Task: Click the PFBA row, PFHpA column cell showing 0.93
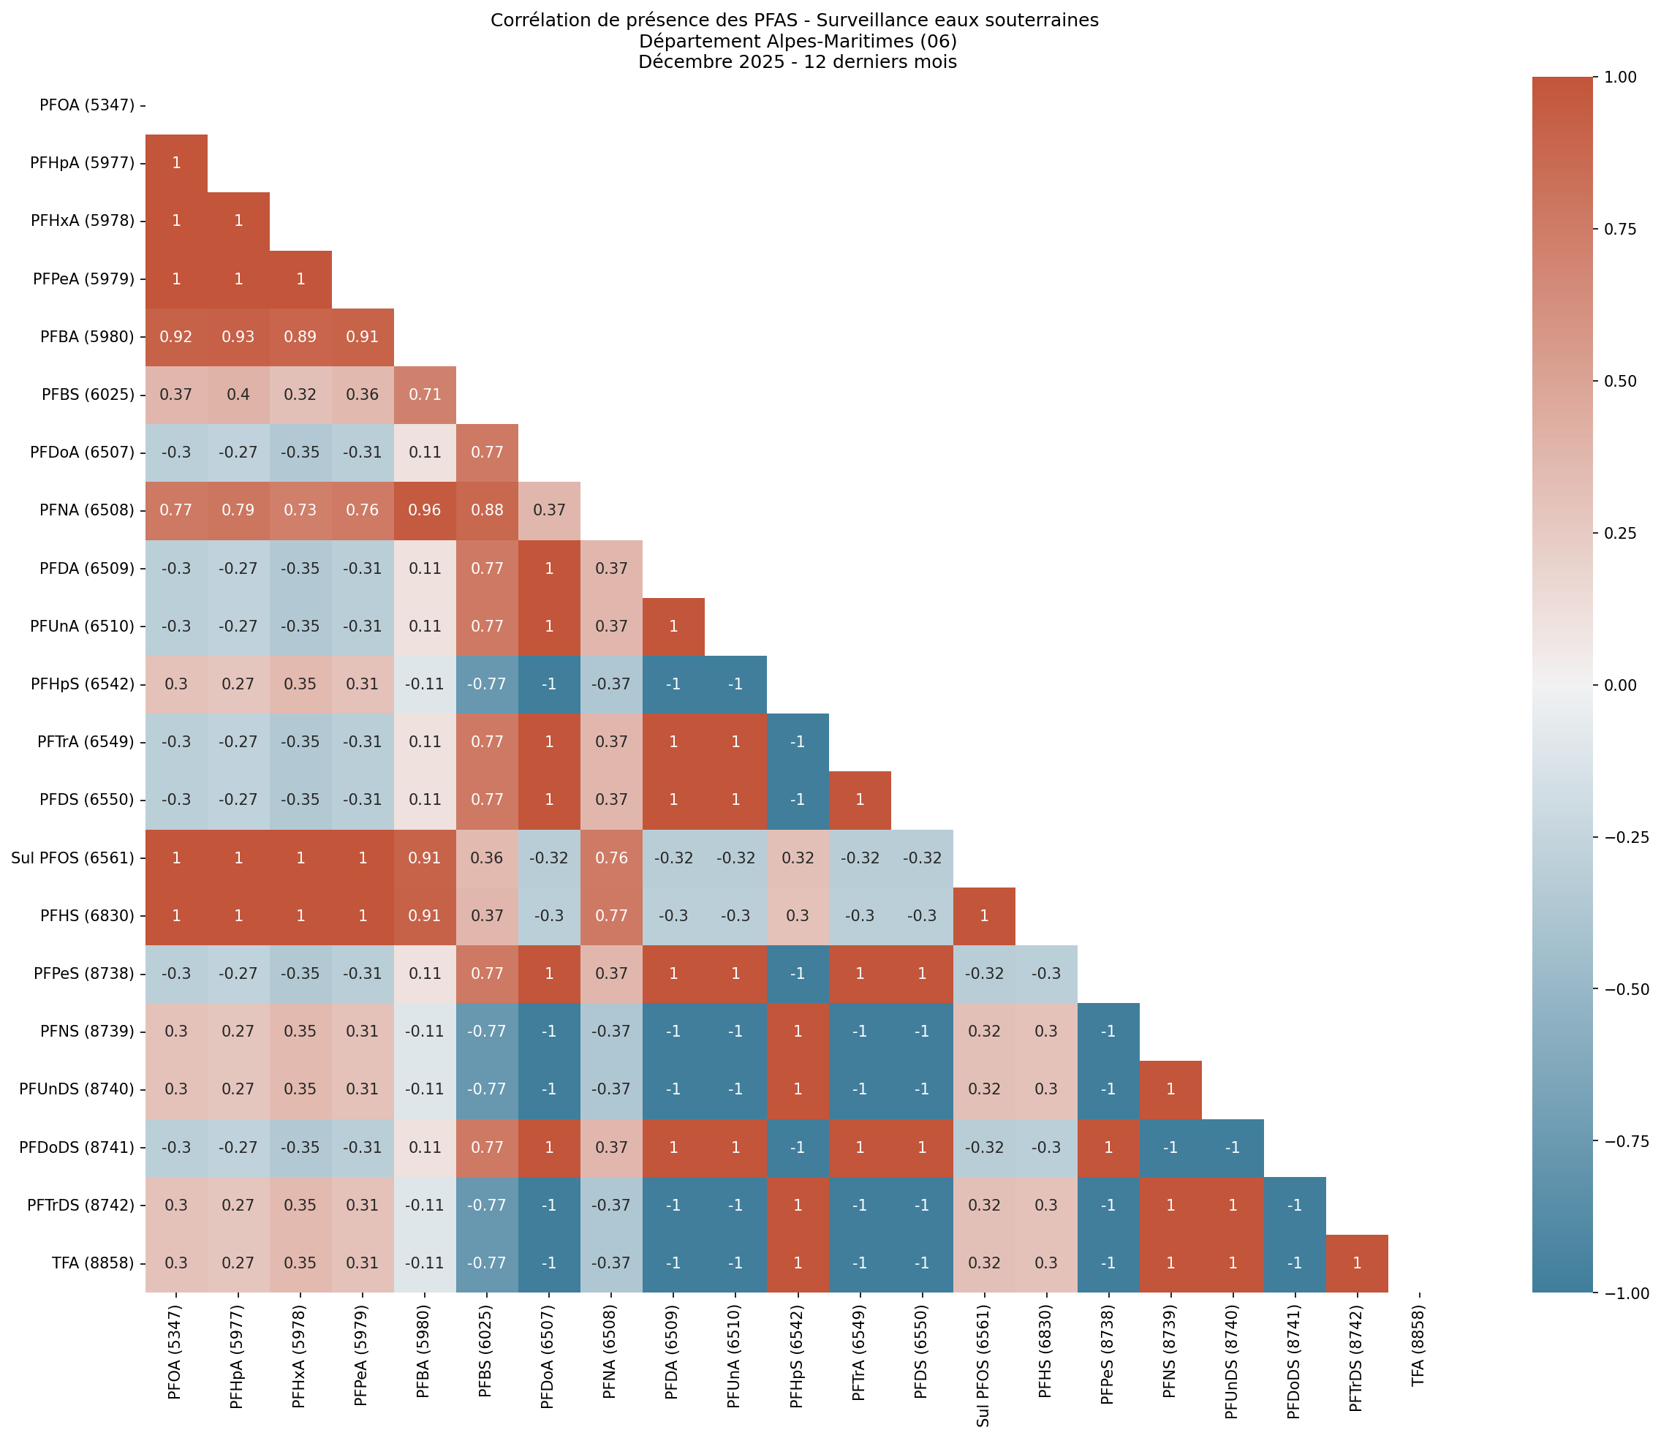point(238,337)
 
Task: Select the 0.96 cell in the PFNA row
point(425,510)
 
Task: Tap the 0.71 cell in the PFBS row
point(425,395)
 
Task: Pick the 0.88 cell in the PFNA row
point(486,510)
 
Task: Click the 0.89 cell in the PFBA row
point(300,337)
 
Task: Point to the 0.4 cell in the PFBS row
point(238,395)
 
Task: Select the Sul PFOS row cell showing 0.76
point(610,858)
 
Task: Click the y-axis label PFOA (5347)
point(87,105)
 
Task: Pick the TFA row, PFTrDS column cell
point(1356,1263)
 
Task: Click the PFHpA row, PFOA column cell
point(176,163)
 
